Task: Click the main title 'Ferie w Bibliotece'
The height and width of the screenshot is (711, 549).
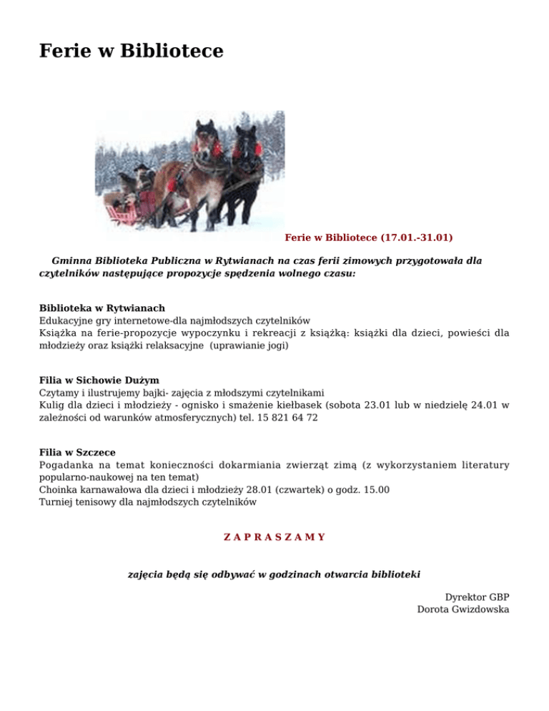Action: [131, 52]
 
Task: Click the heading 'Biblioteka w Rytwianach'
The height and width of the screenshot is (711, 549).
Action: [102, 308]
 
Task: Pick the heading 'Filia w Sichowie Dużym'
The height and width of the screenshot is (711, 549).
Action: [99, 380]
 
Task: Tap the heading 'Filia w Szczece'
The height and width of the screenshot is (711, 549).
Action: [77, 452]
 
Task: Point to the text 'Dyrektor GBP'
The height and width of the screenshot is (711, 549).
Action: [477, 597]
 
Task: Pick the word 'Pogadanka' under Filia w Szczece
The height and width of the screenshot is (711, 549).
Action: [64, 465]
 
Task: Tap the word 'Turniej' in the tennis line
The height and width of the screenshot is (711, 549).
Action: [56, 502]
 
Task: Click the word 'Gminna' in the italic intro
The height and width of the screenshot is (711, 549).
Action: [69, 261]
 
